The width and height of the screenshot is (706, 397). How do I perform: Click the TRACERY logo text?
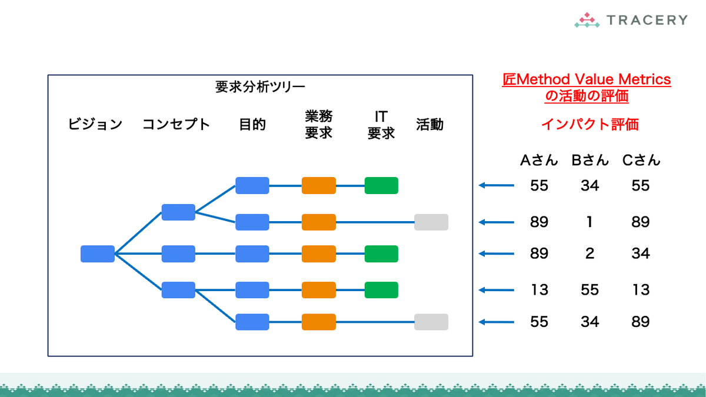point(647,20)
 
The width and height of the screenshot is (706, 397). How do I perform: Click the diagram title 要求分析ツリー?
point(260,87)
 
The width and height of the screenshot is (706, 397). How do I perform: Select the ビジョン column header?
point(95,124)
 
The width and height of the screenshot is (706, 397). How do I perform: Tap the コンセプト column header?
point(176,124)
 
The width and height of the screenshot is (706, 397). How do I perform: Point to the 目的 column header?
point(252,124)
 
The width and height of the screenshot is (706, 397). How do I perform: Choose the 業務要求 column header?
point(319,125)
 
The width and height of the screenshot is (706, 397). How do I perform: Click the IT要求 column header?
point(381,125)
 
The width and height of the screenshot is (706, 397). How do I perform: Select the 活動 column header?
point(430,124)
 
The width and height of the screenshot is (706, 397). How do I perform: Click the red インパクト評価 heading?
point(590,124)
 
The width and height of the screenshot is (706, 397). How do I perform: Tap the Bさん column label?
point(590,160)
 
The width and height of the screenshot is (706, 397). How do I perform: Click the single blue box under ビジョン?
point(98,253)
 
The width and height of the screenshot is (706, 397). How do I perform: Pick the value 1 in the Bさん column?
point(590,222)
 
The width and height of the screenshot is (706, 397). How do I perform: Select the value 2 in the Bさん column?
point(590,253)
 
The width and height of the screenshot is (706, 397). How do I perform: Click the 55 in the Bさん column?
point(590,290)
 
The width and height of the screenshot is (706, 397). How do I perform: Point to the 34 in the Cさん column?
point(641,253)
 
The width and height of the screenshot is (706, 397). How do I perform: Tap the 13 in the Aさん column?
point(540,290)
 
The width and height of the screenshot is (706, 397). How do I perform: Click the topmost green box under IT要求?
point(381,186)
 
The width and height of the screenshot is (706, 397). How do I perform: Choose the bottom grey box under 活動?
point(431,322)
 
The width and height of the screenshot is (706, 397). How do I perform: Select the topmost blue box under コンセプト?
point(178,212)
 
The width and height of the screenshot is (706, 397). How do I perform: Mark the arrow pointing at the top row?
point(497,185)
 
